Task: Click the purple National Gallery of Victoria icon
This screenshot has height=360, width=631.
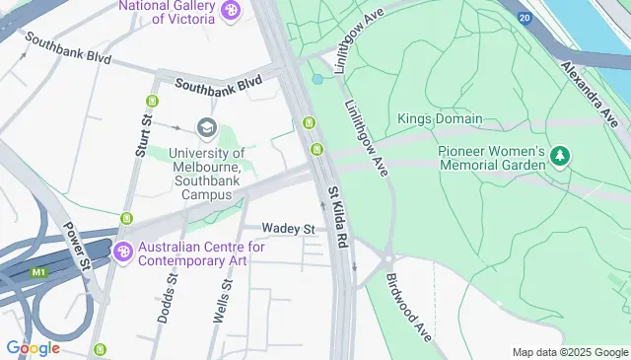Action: tap(231, 11)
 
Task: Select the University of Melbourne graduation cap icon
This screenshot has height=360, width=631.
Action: tap(206, 127)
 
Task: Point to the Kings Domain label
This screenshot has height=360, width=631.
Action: tap(440, 119)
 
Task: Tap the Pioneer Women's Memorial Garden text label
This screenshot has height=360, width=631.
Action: tap(491, 158)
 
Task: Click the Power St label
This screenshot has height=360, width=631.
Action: tap(77, 245)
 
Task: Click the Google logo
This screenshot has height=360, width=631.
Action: tap(33, 348)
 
